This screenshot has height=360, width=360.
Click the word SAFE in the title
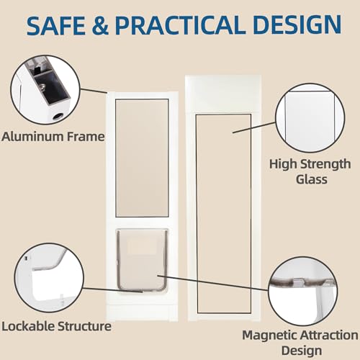pos(56,24)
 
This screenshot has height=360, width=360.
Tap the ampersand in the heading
pos(100,25)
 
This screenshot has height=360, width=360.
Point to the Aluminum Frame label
pos(53,137)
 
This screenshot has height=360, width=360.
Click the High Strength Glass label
pos(310,171)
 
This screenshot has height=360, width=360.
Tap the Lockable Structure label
pos(56,326)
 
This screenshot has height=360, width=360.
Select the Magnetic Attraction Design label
pos(300,343)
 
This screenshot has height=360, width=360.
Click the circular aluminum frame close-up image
pos(45,90)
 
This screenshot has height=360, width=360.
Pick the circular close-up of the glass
pos(310,118)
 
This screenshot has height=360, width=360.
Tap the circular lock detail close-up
pos(49,278)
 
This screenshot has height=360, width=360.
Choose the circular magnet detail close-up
pos(303,291)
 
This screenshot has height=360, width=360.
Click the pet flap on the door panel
pos(142,260)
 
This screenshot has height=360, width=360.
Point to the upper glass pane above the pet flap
pos(142,158)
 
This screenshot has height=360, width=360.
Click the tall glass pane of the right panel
pos(224,214)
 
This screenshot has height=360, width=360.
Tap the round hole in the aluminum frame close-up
pos(58,117)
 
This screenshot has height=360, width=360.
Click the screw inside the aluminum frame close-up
pos(42,88)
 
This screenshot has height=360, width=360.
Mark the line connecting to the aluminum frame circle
pos(94,91)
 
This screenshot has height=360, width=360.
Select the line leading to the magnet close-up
pos(213,283)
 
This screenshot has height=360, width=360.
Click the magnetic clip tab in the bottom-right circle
pos(298,282)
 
